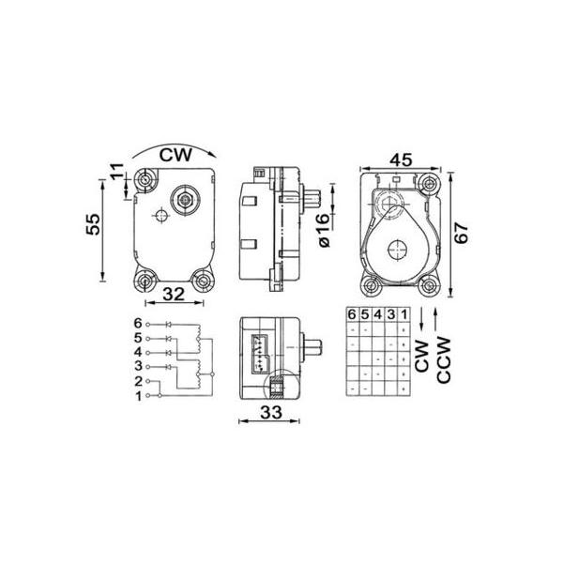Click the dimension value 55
93,224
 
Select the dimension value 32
174,295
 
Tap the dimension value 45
401,160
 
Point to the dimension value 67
462,233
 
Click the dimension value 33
271,413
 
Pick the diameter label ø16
324,230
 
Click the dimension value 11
116,173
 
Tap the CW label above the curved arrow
176,155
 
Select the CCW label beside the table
444,359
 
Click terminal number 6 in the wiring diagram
138,324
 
